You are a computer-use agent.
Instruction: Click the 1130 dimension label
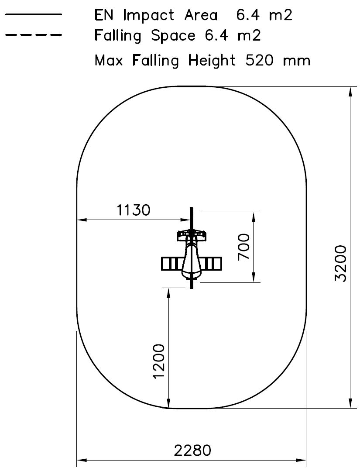134,210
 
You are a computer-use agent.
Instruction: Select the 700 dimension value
243,247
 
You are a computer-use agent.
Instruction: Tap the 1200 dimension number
159,361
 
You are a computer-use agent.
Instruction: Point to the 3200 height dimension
341,263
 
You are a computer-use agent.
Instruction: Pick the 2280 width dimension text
192,450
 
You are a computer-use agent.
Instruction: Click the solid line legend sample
33,14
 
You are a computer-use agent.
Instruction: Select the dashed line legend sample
33,35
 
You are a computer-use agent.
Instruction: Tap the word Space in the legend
173,36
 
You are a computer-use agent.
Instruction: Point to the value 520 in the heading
259,60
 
